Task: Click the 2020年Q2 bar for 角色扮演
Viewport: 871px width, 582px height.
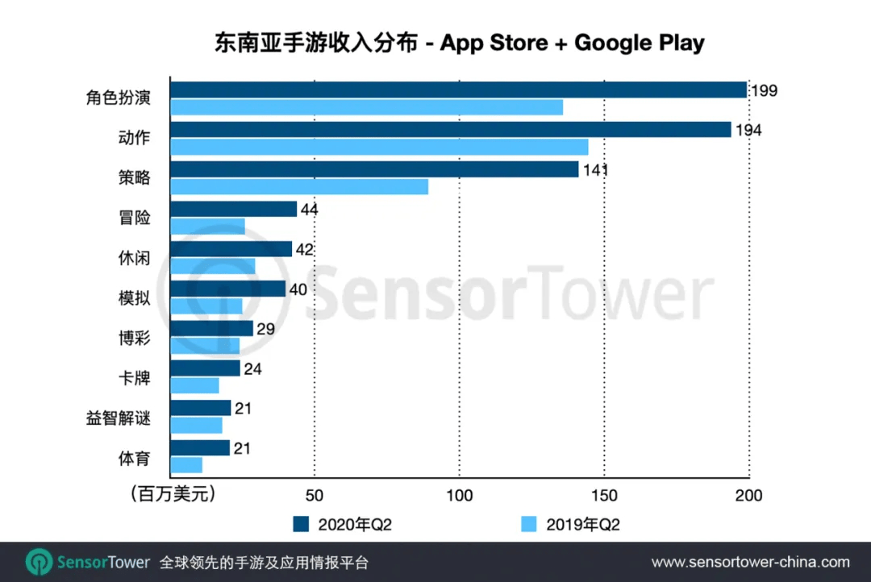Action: (458, 89)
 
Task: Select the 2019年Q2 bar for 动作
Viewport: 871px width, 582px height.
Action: (379, 147)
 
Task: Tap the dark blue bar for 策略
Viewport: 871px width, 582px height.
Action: (374, 169)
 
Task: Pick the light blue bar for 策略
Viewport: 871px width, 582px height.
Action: (299, 186)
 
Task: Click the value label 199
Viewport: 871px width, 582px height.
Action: (764, 90)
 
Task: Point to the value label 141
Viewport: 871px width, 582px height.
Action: (594, 170)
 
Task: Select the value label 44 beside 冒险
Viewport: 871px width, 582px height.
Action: (308, 210)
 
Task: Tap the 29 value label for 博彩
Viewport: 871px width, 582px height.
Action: (264, 329)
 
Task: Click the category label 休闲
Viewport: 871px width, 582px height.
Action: (134, 258)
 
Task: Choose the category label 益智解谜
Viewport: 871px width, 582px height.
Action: (119, 418)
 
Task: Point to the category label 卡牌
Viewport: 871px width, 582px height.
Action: (134, 377)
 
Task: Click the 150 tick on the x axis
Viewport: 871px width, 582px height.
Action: (604, 495)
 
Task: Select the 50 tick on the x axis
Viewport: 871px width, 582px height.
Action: (315, 495)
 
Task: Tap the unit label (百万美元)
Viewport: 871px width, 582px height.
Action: (173, 494)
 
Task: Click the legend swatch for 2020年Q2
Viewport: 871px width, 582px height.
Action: (302, 525)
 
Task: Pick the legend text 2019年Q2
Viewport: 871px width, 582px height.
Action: (583, 525)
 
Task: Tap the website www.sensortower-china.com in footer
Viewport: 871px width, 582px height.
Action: (750, 562)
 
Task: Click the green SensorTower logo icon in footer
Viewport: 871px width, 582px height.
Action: (39, 562)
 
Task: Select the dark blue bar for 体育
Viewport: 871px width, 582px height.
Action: (200, 448)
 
